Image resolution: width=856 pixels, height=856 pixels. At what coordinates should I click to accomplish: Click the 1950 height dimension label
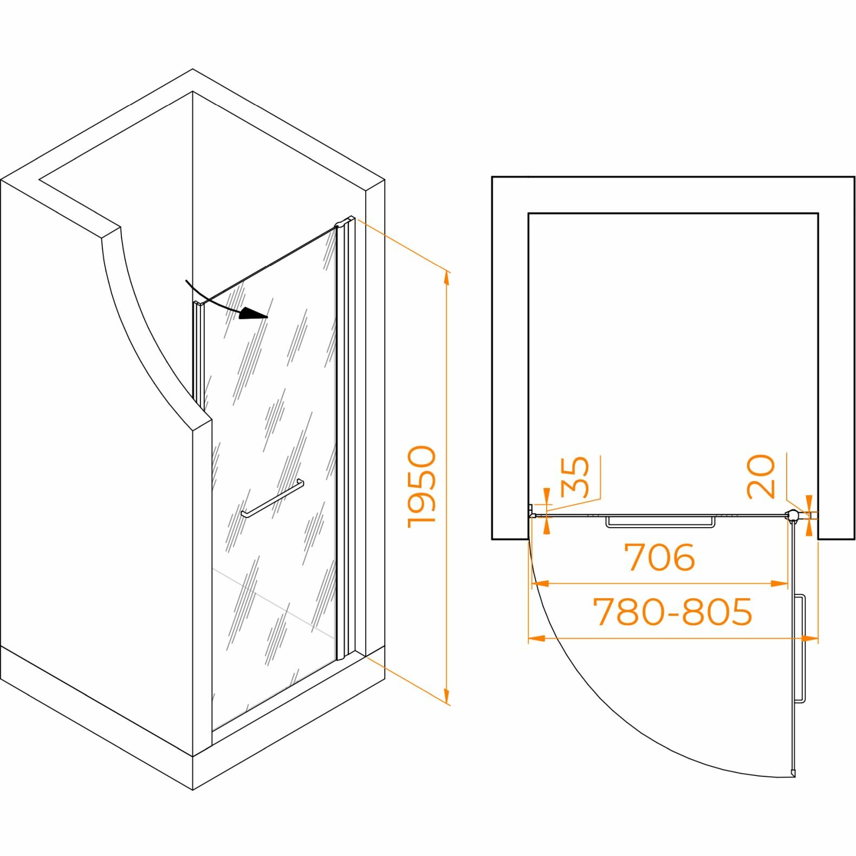(x=422, y=486)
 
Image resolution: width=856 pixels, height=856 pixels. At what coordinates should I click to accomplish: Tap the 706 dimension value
(x=659, y=557)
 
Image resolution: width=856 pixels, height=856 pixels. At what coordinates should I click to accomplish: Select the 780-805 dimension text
(x=673, y=612)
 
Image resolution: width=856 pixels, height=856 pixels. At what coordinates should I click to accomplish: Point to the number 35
(x=575, y=477)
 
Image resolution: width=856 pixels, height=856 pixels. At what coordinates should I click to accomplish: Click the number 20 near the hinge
(x=761, y=477)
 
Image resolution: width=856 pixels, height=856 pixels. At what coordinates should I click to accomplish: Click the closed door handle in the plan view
(x=660, y=522)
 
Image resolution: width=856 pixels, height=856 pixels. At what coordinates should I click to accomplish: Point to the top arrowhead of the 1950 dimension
(x=446, y=276)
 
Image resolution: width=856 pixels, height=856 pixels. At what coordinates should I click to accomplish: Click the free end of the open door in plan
(x=794, y=773)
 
